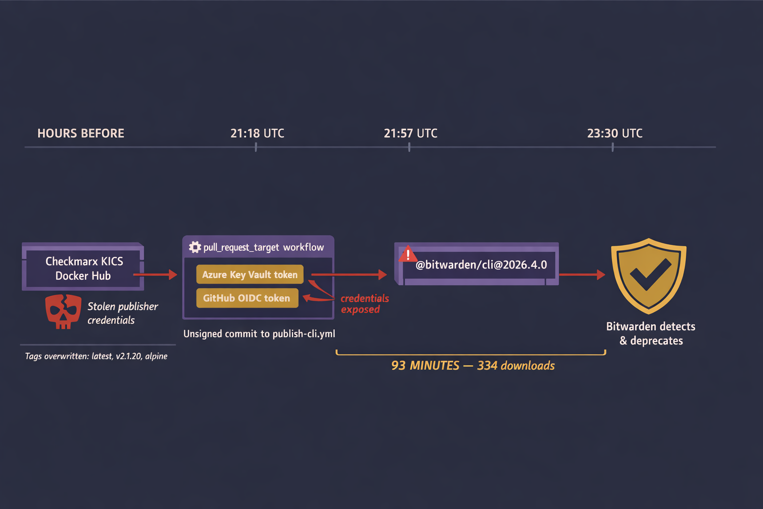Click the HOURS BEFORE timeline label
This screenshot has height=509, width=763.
pyautogui.click(x=81, y=133)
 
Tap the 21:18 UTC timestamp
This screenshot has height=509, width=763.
pyautogui.click(x=257, y=133)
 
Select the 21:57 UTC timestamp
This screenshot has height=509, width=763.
pyautogui.click(x=410, y=133)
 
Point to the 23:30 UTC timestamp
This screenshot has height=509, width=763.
pyautogui.click(x=615, y=133)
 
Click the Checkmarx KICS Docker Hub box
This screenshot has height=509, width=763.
pyautogui.click(x=83, y=266)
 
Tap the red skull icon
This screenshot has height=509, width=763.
pyautogui.click(x=64, y=312)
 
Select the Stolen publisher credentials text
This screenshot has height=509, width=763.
pyautogui.click(x=123, y=313)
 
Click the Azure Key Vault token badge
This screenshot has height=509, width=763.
pyautogui.click(x=250, y=274)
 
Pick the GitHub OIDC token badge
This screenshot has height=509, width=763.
pyautogui.click(x=247, y=298)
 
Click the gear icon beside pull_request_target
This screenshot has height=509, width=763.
pyautogui.click(x=195, y=247)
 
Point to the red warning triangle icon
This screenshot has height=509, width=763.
pyautogui.click(x=408, y=254)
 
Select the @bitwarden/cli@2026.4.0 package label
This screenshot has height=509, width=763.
pyautogui.click(x=481, y=264)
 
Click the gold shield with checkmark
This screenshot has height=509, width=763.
pyautogui.click(x=649, y=276)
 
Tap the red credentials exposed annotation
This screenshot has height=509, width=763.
pyautogui.click(x=365, y=304)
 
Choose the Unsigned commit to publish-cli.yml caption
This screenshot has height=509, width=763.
pyautogui.click(x=259, y=334)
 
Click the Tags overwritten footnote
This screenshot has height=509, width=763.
pyautogui.click(x=96, y=356)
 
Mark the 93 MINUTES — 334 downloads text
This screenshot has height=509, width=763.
pyautogui.click(x=473, y=365)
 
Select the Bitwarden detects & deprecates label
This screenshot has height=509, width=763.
pyautogui.click(x=651, y=334)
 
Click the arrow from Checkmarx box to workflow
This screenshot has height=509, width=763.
pyautogui.click(x=155, y=274)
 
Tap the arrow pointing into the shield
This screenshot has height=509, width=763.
pyautogui.click(x=582, y=274)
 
